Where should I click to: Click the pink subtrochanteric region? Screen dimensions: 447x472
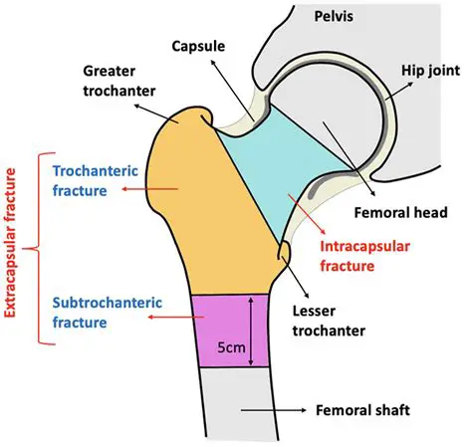(x=214, y=329)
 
